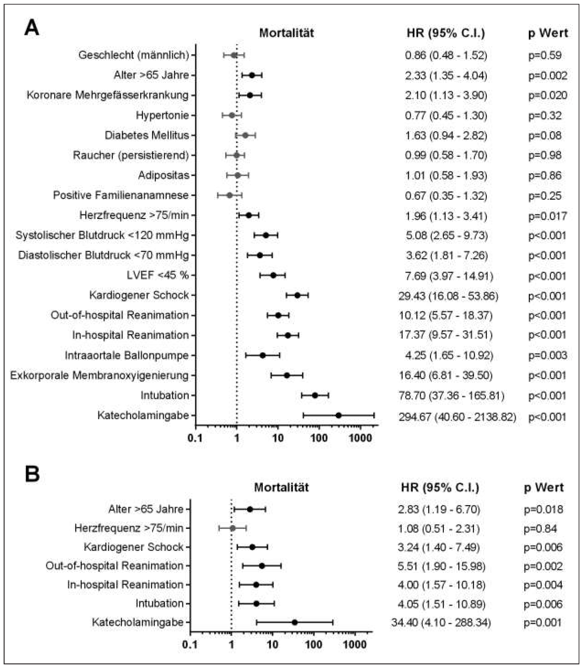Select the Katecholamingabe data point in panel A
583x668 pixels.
click(338, 415)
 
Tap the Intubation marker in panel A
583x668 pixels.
click(315, 396)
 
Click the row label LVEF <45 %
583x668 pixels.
click(158, 275)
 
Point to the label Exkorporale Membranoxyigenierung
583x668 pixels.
click(99, 375)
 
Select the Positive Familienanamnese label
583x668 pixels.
click(121, 195)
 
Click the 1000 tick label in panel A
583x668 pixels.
click(360, 438)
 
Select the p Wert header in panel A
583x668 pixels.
click(548, 33)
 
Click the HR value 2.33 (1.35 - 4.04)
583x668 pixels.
click(446, 75)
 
